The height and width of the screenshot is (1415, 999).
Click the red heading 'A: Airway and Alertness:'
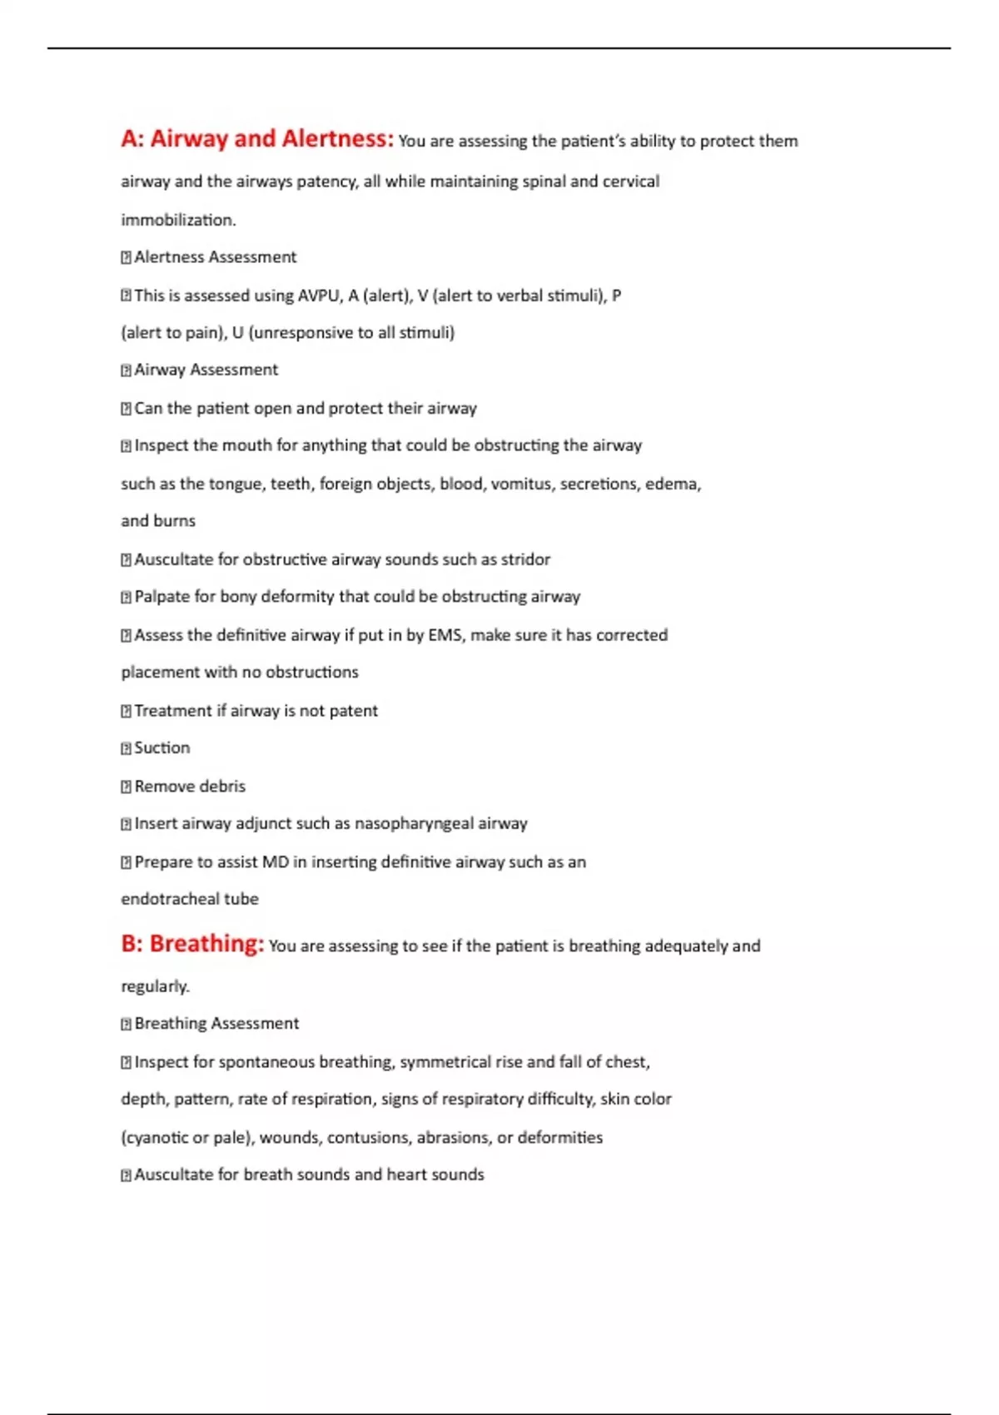tap(256, 139)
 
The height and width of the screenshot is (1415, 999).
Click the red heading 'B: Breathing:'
tap(192, 944)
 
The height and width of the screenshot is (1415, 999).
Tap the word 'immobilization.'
tap(178, 220)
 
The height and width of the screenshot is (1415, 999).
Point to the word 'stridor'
tap(525, 559)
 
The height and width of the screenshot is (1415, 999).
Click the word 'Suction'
tap(162, 747)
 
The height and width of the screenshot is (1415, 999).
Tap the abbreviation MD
tap(276, 861)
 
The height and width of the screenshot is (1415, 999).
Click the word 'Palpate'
tap(162, 597)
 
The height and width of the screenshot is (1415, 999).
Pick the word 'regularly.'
tap(155, 986)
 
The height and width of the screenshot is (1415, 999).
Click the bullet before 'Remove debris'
tap(127, 787)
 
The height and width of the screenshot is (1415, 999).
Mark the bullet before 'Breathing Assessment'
tap(127, 1024)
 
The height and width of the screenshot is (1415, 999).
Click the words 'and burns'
tap(158, 521)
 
